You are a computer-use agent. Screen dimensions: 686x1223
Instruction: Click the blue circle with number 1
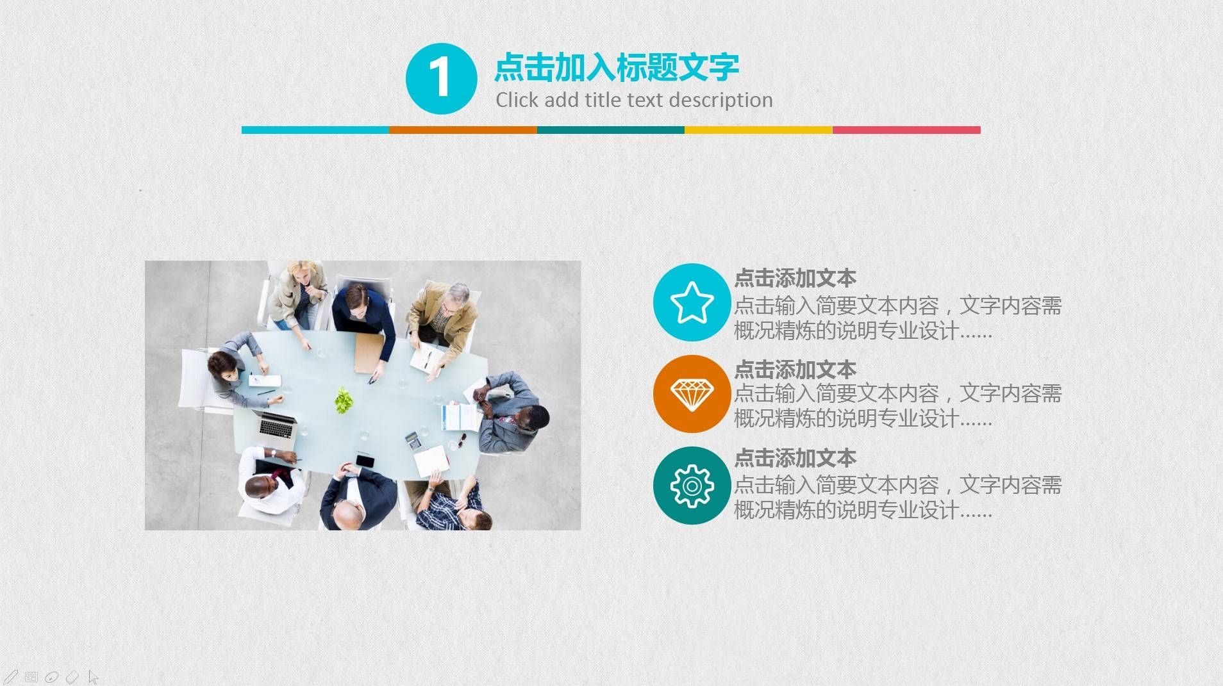coord(441,79)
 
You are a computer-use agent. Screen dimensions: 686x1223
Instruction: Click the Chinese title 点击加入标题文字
coord(617,67)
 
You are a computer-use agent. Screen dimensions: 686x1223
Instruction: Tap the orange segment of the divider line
coord(463,130)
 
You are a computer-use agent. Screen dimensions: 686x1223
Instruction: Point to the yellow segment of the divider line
coord(758,130)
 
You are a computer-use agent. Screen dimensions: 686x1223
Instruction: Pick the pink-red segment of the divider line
coord(906,130)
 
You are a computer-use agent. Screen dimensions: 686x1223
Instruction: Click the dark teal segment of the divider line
coord(610,130)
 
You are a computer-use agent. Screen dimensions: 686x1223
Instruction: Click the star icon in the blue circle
coord(692,302)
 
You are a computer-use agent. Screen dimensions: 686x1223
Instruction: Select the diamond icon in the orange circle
coord(692,394)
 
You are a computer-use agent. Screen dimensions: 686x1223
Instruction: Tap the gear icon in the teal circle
coord(692,486)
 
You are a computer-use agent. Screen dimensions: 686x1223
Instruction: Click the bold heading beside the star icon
coord(795,279)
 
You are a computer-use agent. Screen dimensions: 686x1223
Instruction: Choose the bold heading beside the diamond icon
coord(795,370)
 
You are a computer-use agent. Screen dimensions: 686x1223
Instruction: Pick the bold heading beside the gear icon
coord(795,458)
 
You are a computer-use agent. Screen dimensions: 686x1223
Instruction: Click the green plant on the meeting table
coord(344,400)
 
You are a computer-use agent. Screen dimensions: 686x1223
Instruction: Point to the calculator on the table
coord(413,441)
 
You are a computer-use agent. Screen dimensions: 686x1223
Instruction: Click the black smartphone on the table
coord(365,461)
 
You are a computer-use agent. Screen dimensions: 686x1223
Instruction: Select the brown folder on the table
coord(367,352)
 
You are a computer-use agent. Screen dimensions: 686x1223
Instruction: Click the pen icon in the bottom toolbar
coord(11,676)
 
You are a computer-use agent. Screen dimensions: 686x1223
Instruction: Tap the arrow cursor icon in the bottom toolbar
coord(94,677)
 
